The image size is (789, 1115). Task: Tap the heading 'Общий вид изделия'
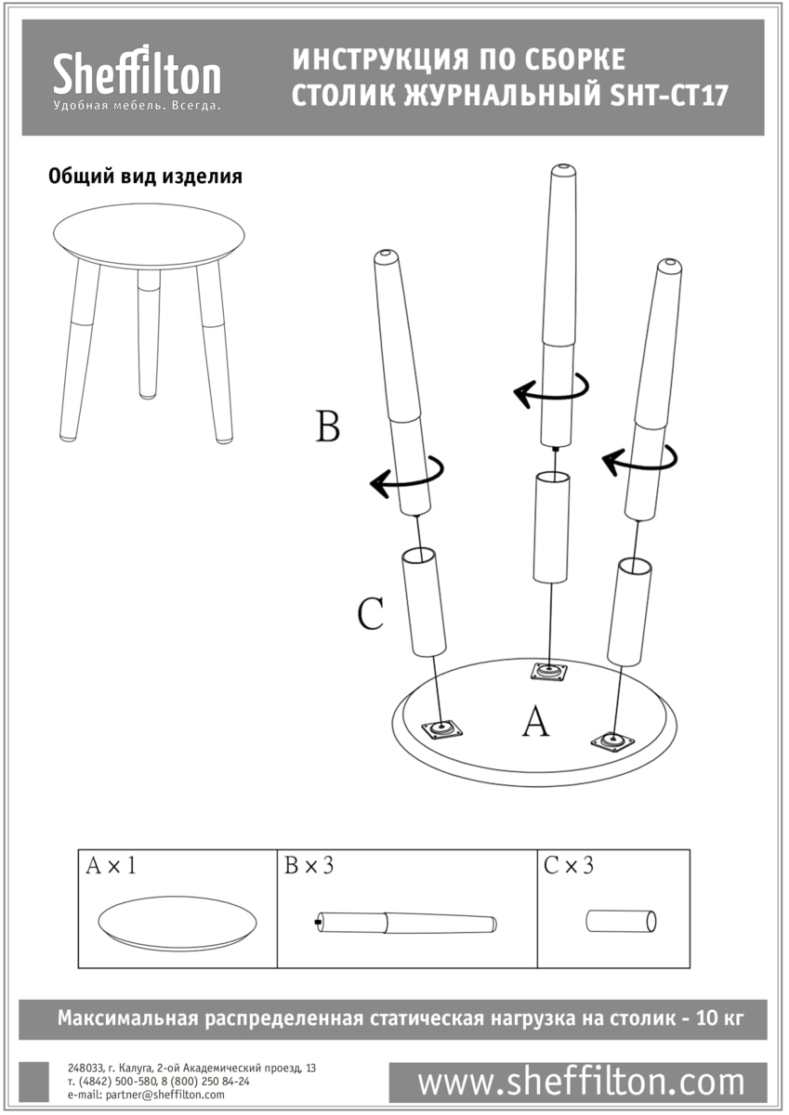point(145,177)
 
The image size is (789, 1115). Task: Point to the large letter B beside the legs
point(327,427)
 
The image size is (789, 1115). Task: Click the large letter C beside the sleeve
point(370,613)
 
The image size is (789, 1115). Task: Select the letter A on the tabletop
point(534,721)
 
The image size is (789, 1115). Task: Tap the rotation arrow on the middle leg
point(551,389)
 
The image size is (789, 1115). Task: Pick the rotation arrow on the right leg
point(639,456)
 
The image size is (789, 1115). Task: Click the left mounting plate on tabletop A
point(442,729)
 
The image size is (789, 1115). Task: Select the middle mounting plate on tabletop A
point(549,670)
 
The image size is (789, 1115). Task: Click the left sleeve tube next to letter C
point(424,602)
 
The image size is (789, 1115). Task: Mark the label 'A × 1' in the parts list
point(112,866)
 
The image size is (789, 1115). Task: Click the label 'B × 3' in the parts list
point(309,866)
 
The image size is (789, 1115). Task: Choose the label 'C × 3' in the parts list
point(569,866)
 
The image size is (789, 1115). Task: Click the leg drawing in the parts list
point(405,923)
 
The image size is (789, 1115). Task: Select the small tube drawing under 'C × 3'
point(622,921)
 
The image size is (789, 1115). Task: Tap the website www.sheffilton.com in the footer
point(581,1082)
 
